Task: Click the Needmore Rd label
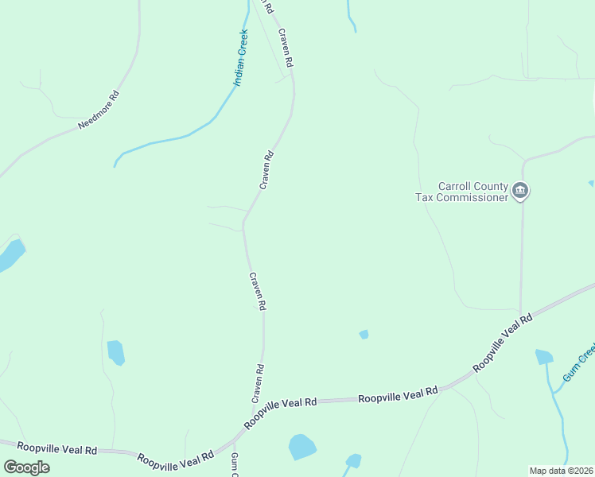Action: tap(99, 111)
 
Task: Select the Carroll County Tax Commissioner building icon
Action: tap(521, 191)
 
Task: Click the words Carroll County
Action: tap(473, 186)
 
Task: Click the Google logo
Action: tap(27, 467)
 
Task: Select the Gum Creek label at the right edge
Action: tap(579, 363)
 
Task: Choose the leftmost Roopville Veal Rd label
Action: tap(56, 449)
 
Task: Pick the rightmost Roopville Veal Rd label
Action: tap(503, 343)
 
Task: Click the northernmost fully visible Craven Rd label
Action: tap(286, 48)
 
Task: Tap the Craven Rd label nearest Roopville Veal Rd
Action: tap(257, 383)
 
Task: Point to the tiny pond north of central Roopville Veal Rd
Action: tap(364, 335)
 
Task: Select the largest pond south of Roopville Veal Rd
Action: tap(302, 447)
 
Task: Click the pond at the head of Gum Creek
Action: tap(544, 357)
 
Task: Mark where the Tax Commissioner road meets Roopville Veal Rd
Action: tap(520, 313)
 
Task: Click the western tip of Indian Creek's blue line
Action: tap(115, 165)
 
